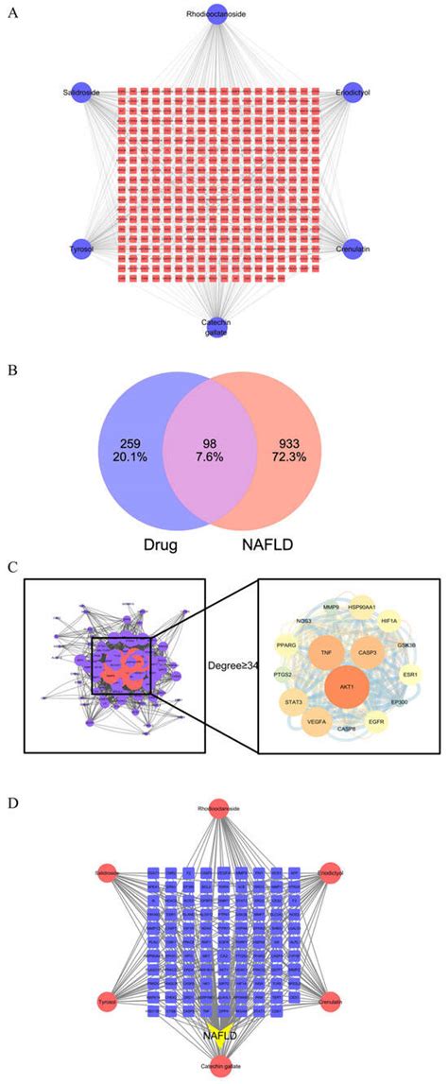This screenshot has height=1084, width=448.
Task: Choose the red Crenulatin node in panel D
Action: pyautogui.click(x=330, y=1001)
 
